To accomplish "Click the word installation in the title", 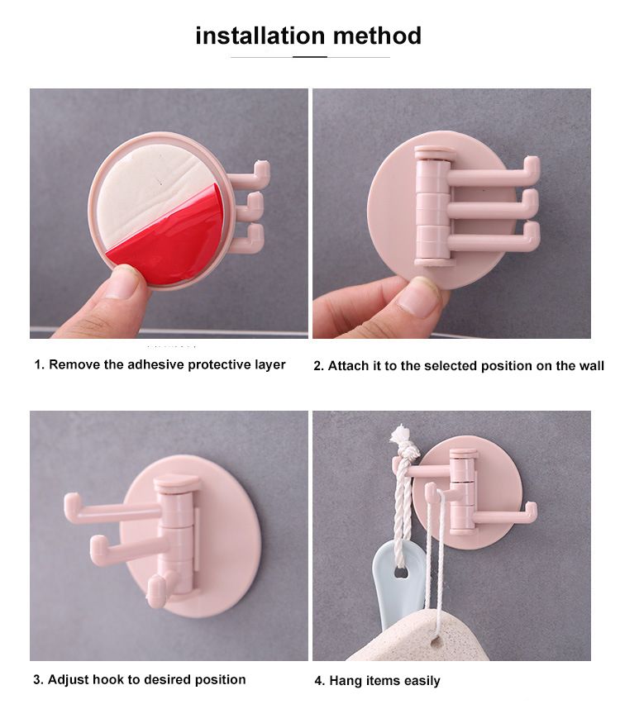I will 260,36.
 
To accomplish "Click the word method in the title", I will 376,36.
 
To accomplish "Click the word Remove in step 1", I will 74,364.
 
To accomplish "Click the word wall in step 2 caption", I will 590,365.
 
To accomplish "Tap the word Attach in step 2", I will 348,365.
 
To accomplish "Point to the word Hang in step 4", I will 345,681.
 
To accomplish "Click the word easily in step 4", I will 421,681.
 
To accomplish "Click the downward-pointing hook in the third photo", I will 155,592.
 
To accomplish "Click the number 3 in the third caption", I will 37,679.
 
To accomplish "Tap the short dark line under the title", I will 310,57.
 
